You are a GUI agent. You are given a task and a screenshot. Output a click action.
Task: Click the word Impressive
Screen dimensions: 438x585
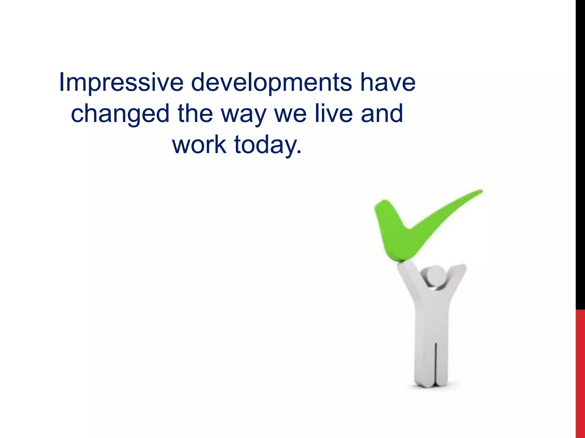click(121, 83)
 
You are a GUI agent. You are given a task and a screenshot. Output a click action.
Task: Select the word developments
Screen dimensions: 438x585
click(271, 83)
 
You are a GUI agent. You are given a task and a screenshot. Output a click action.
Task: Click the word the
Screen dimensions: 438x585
click(195, 113)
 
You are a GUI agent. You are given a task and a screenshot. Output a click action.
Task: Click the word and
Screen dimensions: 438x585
click(382, 113)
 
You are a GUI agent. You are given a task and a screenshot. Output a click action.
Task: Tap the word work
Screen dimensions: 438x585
click(199, 145)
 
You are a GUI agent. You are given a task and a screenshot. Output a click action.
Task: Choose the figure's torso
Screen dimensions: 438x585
click(431, 317)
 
